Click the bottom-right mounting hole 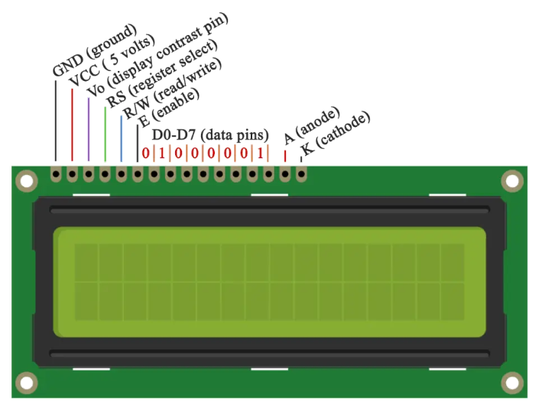[x=512, y=382]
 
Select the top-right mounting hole [x=512, y=181]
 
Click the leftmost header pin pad [x=56, y=175]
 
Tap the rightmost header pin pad [x=301, y=175]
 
